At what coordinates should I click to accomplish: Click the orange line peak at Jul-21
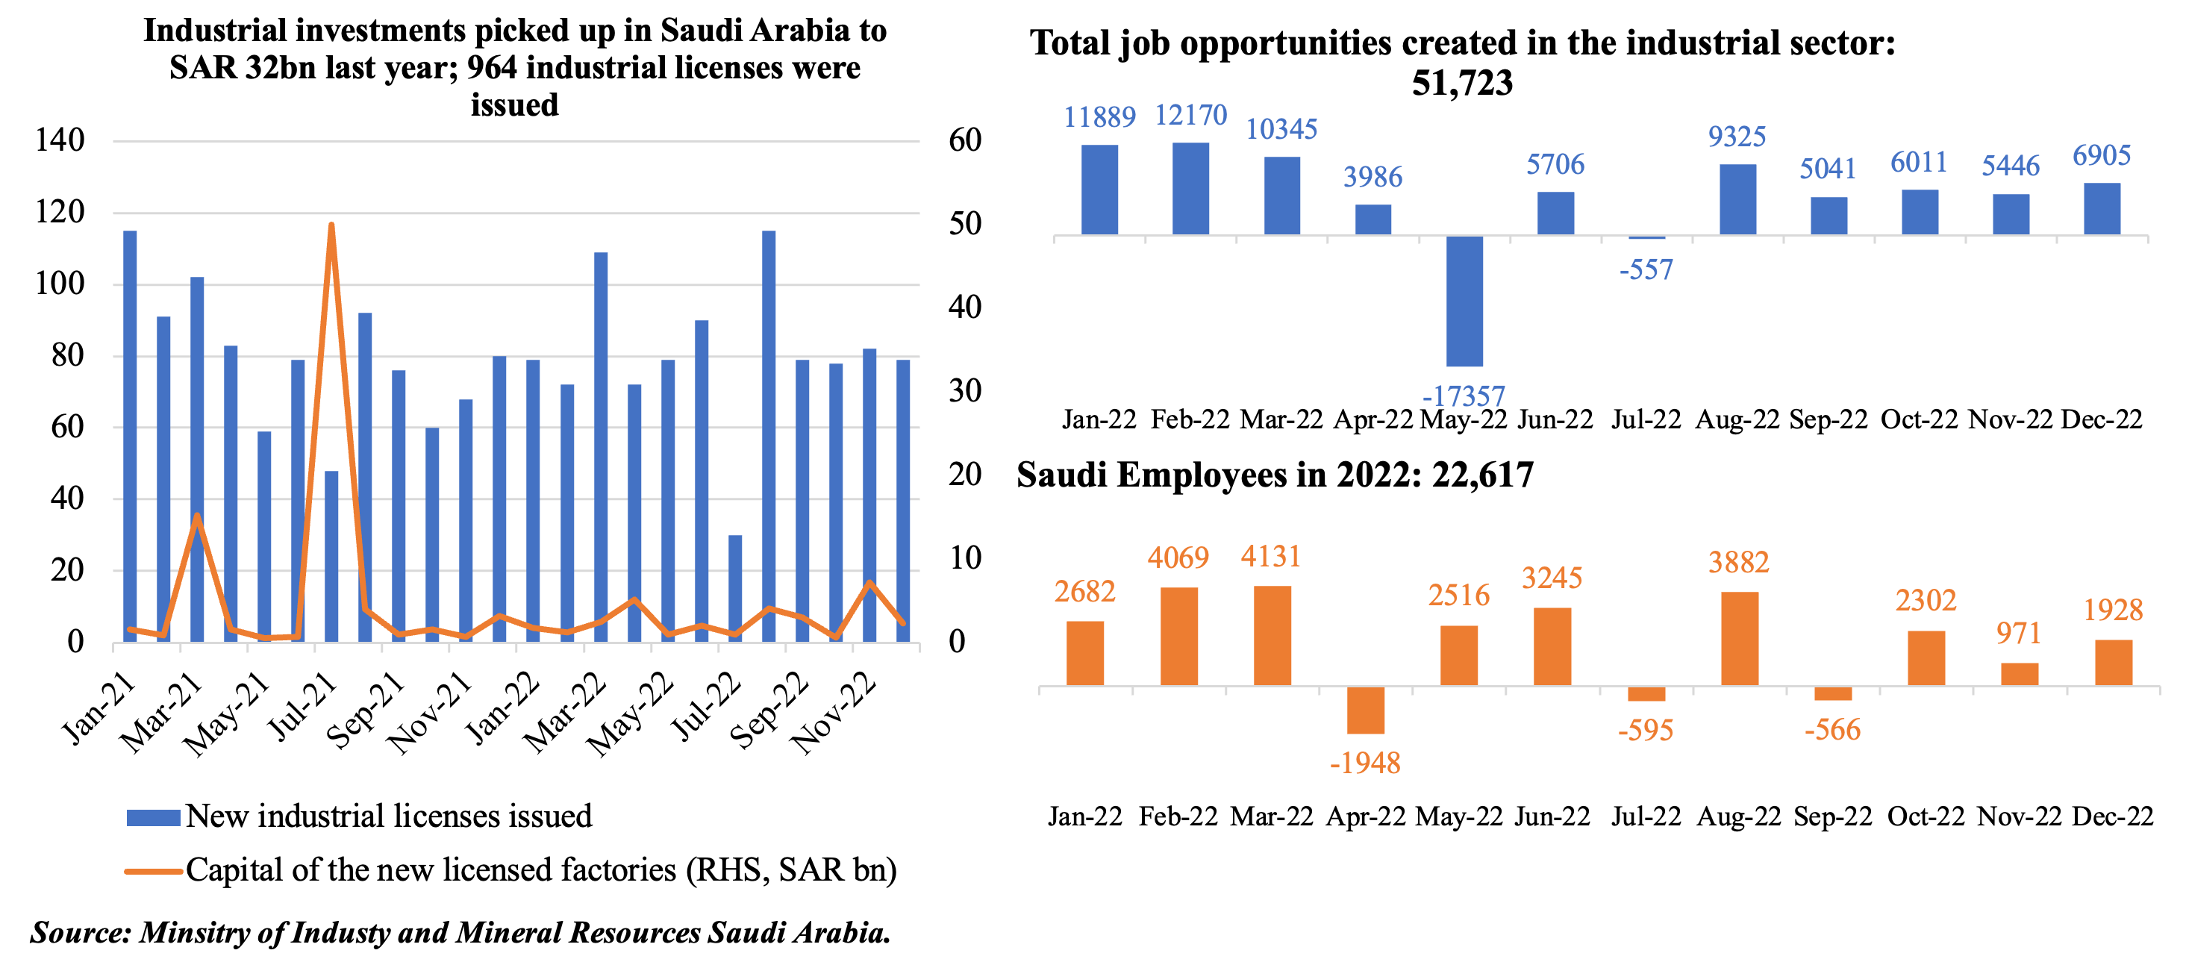(x=331, y=225)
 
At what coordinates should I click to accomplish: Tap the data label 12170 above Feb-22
(x=1190, y=116)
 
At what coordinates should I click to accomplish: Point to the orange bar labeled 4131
(x=1272, y=635)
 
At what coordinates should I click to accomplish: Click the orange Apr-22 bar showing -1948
(x=1365, y=710)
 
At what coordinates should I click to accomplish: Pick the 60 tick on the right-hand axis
(x=965, y=140)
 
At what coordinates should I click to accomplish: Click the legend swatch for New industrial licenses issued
(x=153, y=817)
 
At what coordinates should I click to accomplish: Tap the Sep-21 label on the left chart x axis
(x=366, y=711)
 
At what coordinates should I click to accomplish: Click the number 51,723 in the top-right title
(x=1461, y=83)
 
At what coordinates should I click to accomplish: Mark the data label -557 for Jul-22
(x=1646, y=270)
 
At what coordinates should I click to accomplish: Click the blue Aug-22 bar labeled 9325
(x=1737, y=199)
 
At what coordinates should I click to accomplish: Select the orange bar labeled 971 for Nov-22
(x=2019, y=674)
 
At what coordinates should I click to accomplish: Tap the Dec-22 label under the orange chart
(x=2112, y=816)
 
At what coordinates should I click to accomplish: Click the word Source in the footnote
(x=79, y=933)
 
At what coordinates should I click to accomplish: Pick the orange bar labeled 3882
(x=1739, y=638)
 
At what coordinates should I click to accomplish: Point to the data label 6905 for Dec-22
(x=2101, y=156)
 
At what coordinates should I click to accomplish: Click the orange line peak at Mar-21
(x=197, y=516)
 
